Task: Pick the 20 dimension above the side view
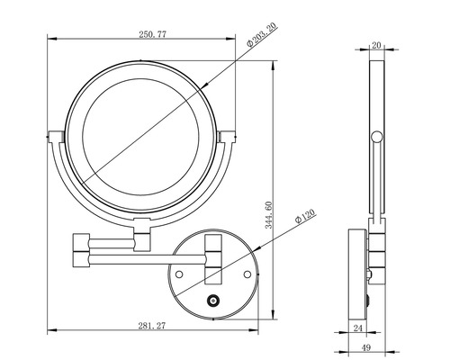click(376, 44)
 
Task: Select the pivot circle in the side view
click(376, 137)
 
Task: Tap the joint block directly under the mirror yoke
click(142, 239)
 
